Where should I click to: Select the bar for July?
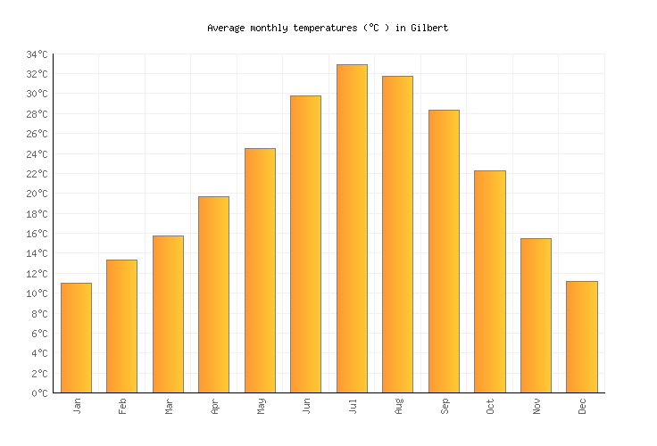(x=352, y=228)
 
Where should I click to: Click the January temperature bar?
(x=76, y=337)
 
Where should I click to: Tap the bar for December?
(x=581, y=336)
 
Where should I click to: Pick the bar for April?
(x=213, y=294)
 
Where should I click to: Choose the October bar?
(x=489, y=281)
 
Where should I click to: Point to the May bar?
(x=260, y=270)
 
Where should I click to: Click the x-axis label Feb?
(x=122, y=406)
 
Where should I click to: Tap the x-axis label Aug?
(x=398, y=406)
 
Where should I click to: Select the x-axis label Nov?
(x=536, y=406)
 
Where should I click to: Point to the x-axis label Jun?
(x=306, y=406)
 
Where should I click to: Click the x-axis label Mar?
(x=169, y=406)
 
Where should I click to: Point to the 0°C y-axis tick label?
(x=38, y=393)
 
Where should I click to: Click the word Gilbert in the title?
(x=429, y=28)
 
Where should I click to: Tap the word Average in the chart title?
(x=226, y=28)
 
